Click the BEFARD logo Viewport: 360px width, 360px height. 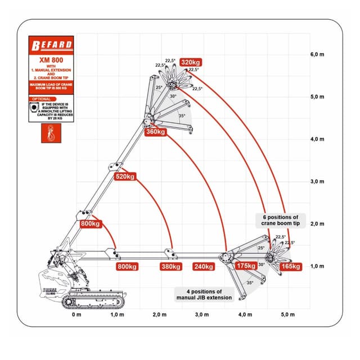[51, 45]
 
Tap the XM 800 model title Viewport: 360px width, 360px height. [51, 60]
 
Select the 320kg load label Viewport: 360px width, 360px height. [192, 62]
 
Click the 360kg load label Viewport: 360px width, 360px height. [156, 132]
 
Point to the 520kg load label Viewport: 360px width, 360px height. [124, 177]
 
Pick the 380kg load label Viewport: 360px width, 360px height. [170, 266]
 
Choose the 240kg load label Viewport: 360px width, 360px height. [203, 266]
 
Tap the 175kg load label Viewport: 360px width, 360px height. [246, 265]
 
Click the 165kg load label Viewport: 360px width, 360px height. [290, 265]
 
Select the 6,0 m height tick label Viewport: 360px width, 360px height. [317, 55]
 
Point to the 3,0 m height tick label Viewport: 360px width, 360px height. [317, 181]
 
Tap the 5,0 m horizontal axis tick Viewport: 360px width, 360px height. [287, 314]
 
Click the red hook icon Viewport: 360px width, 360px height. [50, 134]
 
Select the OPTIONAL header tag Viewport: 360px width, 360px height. [42, 98]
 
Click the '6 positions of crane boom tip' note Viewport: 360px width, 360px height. [284, 220]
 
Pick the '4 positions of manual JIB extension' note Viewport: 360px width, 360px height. [203, 294]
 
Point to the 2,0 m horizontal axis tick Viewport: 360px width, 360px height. [160, 314]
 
